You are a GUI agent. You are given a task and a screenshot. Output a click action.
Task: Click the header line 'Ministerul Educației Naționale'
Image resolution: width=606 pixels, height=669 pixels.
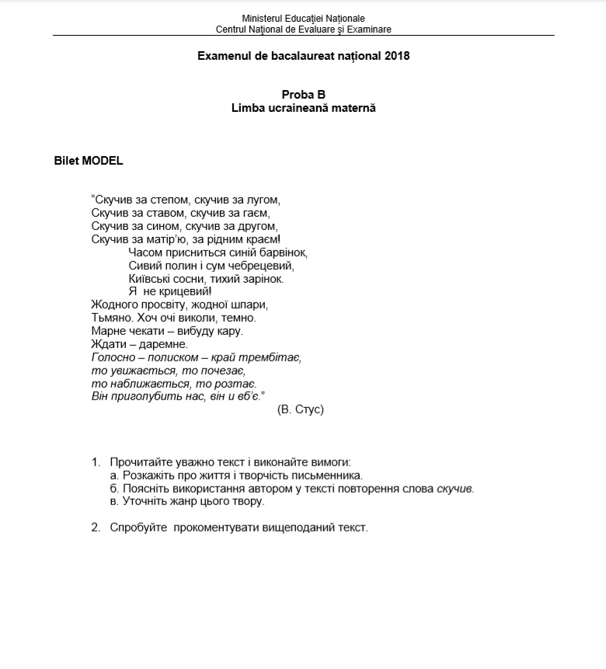click(x=303, y=18)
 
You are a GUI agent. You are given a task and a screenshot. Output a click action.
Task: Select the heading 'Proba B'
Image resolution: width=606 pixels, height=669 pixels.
click(x=303, y=95)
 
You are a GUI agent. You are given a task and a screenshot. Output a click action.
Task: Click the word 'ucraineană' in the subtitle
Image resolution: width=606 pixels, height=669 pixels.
click(x=298, y=108)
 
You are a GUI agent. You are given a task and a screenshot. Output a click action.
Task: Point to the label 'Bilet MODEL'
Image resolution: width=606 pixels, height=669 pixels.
click(x=89, y=162)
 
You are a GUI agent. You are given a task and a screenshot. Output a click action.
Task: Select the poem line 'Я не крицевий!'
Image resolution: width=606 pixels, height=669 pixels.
click(x=169, y=291)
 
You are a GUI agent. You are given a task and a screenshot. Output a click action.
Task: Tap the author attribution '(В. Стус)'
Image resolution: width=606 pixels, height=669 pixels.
click(x=300, y=409)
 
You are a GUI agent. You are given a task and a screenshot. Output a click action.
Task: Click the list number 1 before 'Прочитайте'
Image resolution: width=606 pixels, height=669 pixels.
click(x=96, y=462)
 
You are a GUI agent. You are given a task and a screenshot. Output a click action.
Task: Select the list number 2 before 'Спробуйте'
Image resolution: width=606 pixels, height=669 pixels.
click(x=96, y=528)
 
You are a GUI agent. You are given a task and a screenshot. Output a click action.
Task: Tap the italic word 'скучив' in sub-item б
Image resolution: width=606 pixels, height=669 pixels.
click(x=454, y=489)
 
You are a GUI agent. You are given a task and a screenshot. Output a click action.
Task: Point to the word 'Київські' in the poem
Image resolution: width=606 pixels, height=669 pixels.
click(x=151, y=278)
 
